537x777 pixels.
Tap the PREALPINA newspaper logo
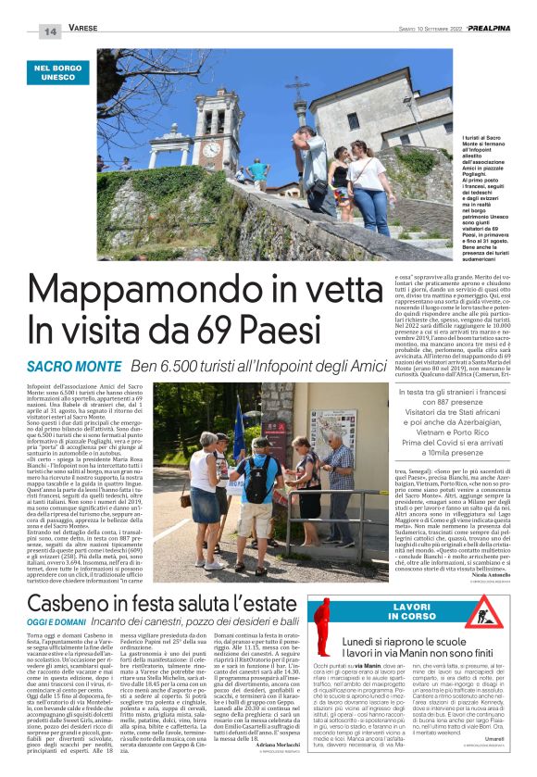coord(494,30)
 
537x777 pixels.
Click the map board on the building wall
coord(328,427)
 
